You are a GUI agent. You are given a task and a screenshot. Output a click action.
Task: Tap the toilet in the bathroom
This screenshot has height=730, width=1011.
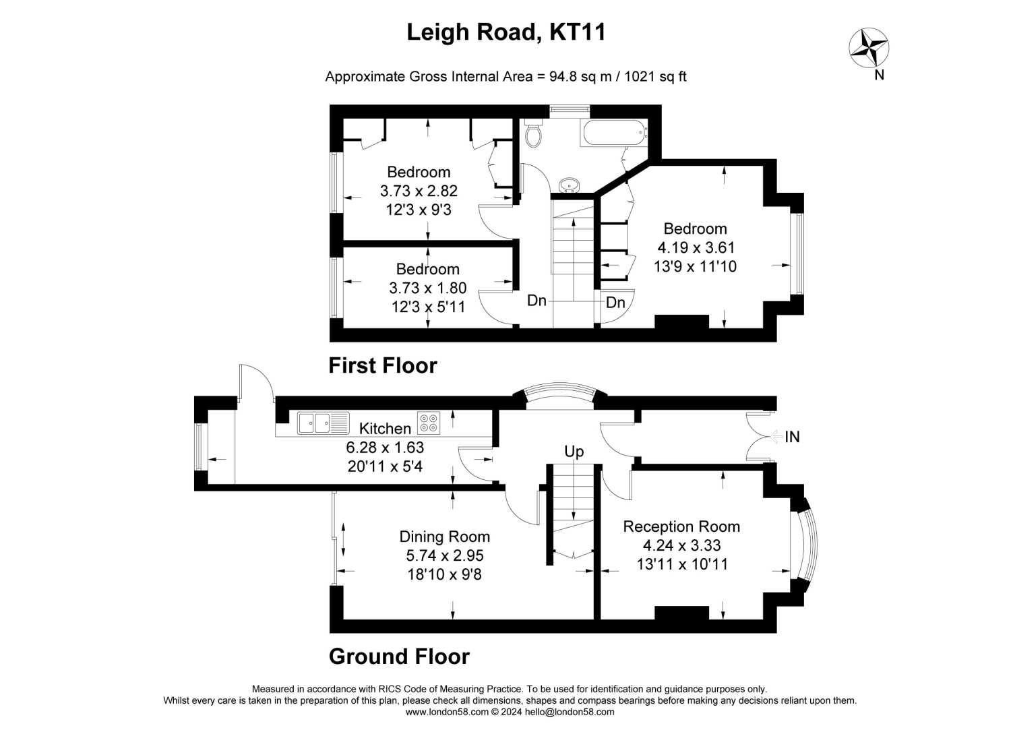(534, 133)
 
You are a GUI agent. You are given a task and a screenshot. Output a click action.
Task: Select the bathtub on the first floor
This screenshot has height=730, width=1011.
(615, 132)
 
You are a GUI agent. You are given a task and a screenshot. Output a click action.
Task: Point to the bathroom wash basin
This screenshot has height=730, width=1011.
(570, 185)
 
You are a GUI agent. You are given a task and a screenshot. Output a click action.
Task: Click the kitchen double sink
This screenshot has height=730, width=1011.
(323, 423)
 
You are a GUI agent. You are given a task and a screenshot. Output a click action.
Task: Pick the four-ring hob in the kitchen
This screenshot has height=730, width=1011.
(429, 423)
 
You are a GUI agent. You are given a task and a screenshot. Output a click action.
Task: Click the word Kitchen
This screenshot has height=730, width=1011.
(385, 428)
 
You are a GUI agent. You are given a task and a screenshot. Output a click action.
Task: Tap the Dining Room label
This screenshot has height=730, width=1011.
(445, 537)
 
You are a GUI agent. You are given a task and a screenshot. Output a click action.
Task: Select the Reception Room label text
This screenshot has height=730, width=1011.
(681, 526)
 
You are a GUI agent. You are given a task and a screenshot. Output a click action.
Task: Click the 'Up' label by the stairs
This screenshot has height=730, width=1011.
(574, 452)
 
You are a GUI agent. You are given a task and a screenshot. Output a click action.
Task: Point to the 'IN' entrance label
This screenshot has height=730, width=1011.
(792, 437)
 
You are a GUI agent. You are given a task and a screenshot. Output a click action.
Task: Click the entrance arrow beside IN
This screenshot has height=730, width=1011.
(776, 437)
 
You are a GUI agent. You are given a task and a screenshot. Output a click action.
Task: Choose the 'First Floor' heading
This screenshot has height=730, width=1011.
(383, 366)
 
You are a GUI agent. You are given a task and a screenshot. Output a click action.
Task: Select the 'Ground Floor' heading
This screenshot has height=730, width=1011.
(399, 657)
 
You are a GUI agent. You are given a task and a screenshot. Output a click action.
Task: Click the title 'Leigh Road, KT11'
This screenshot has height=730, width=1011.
(506, 32)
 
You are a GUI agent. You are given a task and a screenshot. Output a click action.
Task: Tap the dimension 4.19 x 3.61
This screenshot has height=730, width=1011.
(696, 247)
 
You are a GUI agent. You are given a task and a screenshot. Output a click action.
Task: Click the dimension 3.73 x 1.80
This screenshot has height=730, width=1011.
(428, 288)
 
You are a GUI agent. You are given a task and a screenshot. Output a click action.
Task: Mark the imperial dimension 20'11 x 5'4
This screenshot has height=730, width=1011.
(385, 466)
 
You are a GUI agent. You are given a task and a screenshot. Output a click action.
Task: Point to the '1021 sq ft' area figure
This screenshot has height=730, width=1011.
(655, 76)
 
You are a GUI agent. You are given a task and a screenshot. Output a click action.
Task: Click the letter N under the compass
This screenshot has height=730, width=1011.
(879, 75)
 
